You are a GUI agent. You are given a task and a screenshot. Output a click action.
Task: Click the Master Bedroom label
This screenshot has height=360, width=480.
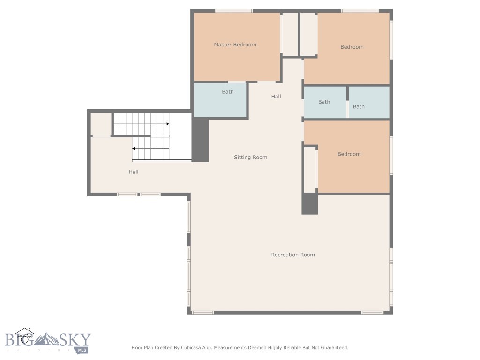[x=235, y=45]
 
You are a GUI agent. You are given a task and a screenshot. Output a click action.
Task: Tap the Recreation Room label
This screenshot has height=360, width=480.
[x=293, y=255]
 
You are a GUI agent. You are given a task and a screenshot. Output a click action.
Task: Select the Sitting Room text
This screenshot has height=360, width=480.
[x=250, y=157]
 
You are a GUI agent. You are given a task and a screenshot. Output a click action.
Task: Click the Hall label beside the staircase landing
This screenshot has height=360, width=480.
[x=134, y=172]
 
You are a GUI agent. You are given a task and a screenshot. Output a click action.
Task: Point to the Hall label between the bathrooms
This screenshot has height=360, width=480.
[x=276, y=97]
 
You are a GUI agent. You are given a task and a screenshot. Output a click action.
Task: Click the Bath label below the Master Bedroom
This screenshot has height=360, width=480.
[x=228, y=92]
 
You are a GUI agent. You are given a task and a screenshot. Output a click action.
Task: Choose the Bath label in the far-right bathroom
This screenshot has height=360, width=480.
[x=359, y=106]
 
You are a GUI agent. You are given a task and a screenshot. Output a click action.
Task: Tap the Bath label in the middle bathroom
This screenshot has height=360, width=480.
[x=324, y=102]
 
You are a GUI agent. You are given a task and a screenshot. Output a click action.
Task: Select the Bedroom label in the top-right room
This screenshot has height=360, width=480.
[x=352, y=47]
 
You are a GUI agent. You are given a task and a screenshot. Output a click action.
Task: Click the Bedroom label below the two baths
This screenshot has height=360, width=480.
[x=349, y=154]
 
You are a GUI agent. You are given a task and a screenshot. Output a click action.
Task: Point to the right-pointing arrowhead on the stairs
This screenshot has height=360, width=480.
[x=167, y=124]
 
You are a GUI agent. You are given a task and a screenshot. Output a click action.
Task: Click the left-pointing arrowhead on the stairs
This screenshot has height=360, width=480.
[x=134, y=148]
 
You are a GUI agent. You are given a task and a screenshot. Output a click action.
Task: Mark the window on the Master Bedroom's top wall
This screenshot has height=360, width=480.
[x=234, y=11]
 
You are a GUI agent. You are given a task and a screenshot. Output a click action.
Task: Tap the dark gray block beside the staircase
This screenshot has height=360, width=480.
[x=200, y=140]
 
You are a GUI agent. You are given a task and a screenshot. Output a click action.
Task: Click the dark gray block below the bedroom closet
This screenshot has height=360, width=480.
[x=309, y=204]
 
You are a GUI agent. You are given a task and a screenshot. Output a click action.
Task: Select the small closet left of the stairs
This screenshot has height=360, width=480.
[x=101, y=124]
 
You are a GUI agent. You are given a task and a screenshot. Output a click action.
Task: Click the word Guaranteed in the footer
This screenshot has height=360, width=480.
[x=333, y=348]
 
